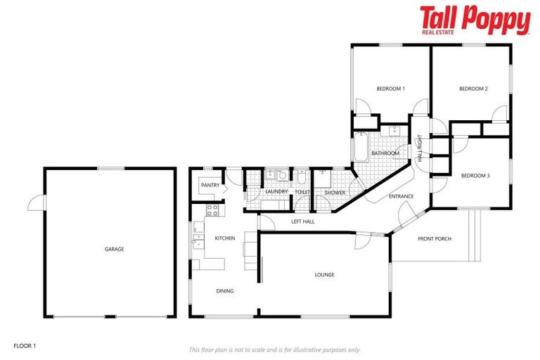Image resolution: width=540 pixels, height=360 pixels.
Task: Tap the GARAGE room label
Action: coord(114,249)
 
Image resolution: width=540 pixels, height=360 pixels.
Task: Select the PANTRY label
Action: coord(210,185)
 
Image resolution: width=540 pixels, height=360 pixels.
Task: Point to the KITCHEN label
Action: coord(225,238)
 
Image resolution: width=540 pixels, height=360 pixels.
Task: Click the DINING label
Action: coord(225,290)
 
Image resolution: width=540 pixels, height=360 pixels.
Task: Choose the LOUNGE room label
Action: coord(324,274)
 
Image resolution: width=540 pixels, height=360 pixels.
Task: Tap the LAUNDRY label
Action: coord(277,191)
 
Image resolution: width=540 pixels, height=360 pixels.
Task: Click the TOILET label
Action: coord(302,191)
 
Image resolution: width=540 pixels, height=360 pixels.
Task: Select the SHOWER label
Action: coord(335,191)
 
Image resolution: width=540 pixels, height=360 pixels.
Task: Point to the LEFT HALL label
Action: coord(303,221)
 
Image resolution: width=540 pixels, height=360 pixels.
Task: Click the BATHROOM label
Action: coord(385,153)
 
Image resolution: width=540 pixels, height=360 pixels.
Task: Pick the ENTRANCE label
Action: coord(401,196)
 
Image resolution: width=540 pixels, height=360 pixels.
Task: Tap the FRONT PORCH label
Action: coord(435,238)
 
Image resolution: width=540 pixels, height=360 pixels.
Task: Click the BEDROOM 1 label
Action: coord(391,89)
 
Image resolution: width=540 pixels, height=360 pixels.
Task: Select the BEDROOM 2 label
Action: coord(473,89)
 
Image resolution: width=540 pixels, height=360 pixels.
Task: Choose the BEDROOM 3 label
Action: coord(475,175)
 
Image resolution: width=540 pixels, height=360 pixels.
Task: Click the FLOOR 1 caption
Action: coord(25,345)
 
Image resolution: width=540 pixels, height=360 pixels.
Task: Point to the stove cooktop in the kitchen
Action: coord(212,210)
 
